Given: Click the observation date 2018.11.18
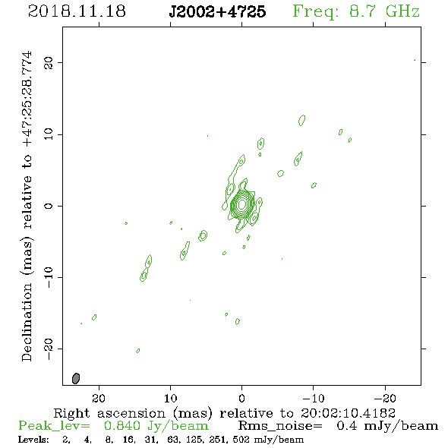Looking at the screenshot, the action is pos(77,11).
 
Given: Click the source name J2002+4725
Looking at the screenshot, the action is pos(217,11).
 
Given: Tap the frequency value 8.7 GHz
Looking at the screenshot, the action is pos(384,11).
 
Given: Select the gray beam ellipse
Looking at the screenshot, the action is pos(76,378).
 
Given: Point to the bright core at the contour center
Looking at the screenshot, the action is pos(242,204).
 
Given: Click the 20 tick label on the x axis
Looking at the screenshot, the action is pos(99,398).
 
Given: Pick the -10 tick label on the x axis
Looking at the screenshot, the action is pos(314,398).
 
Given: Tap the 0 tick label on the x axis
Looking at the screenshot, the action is pos(242,398).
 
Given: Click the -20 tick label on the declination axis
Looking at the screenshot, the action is pos(49,349).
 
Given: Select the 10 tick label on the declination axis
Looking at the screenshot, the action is pos(49,134).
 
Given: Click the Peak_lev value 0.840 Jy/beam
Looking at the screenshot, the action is pos(156,426).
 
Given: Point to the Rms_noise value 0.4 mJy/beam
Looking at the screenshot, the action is pos(387,426).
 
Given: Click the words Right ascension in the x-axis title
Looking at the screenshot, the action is pos(109,413).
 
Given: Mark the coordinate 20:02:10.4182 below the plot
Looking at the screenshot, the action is pos(348,413).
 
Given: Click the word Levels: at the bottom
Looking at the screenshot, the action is pos(33,439).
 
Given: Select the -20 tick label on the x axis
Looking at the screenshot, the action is pos(385,398).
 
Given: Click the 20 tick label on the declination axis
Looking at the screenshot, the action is pos(49,62).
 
